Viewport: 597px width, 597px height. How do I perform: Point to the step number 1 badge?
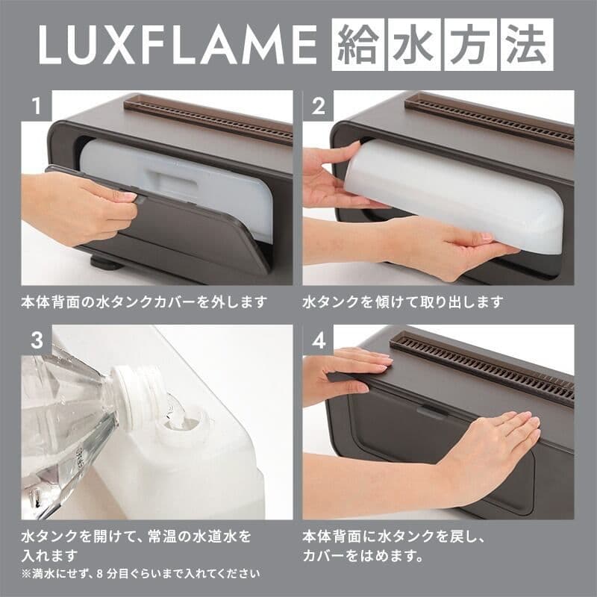(35, 106)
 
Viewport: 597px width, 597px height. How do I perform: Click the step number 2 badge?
(319, 106)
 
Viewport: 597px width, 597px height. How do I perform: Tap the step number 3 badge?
(35, 340)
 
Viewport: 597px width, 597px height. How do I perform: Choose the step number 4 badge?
(319, 340)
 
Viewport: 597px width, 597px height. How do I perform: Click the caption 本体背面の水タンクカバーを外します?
(143, 303)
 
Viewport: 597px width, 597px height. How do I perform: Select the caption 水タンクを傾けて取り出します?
(403, 303)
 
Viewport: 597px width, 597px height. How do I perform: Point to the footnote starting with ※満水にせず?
(141, 574)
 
